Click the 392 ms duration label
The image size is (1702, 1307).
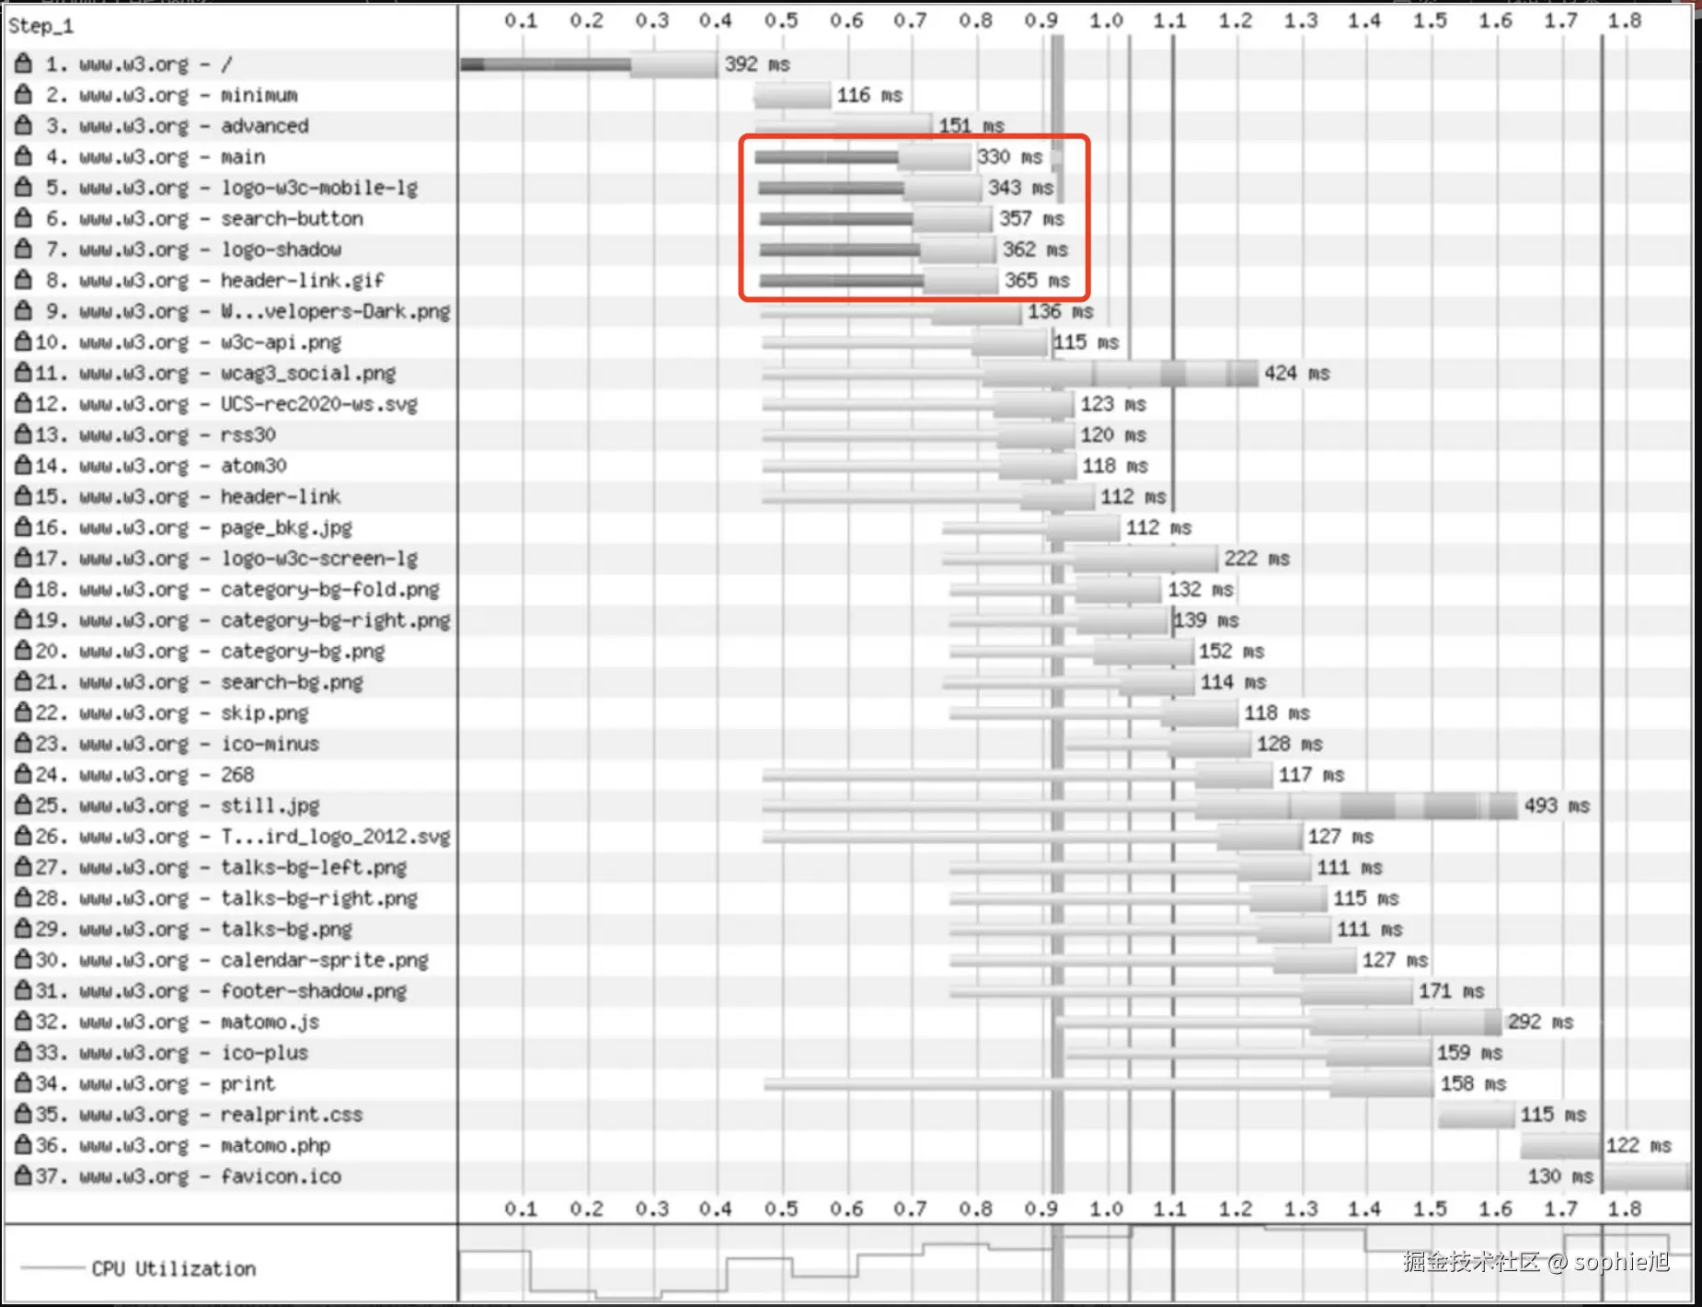pos(756,64)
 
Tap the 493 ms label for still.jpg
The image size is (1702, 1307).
pos(1557,806)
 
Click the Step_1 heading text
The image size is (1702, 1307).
pos(40,26)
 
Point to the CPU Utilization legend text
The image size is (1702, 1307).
pos(173,1268)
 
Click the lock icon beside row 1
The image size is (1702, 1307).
pos(24,64)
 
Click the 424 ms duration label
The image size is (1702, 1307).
pos(1296,374)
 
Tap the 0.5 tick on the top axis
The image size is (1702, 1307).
pos(780,20)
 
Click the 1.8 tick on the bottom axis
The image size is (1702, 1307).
pos(1624,1208)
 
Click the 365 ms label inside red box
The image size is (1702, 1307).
pos(1036,281)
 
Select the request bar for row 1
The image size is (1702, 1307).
pos(589,64)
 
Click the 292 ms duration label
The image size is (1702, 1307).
pos(1540,1022)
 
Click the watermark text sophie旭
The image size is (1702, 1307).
pos(1621,1261)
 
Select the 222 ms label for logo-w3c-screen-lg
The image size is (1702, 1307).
pos(1256,559)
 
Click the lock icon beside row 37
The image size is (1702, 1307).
pos(24,1175)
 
